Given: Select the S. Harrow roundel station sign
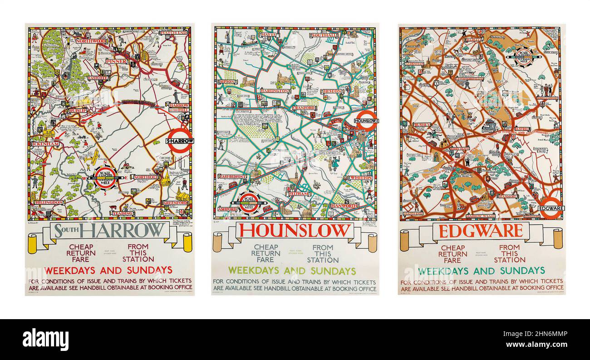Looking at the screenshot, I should coord(180,140).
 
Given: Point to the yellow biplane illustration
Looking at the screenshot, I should coord(90,157).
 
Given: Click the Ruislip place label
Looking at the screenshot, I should coord(77,110).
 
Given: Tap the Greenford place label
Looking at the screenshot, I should coord(175,202).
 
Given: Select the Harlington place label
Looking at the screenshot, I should coord(274,91).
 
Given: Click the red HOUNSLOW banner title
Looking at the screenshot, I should coord(295,231).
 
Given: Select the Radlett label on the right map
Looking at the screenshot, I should coord(473,39).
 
